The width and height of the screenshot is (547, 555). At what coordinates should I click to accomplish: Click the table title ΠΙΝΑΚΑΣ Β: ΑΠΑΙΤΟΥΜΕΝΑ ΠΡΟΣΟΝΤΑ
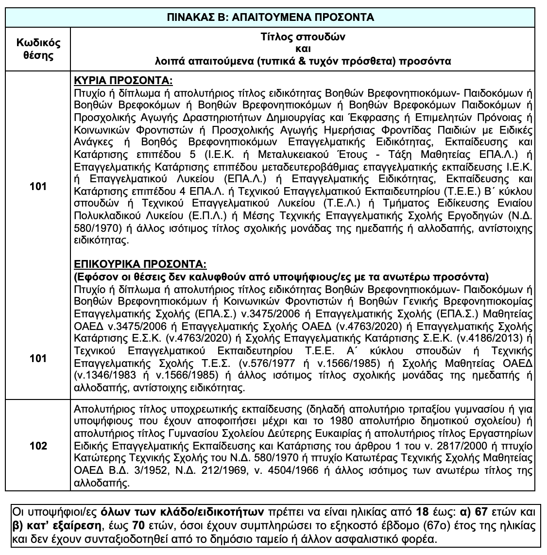click(x=273, y=17)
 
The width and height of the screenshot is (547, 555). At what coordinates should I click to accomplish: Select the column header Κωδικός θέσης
click(x=38, y=49)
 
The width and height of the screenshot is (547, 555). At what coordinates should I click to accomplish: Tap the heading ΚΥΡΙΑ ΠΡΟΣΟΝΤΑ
click(x=122, y=80)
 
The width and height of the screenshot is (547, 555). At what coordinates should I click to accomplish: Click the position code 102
click(x=38, y=446)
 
